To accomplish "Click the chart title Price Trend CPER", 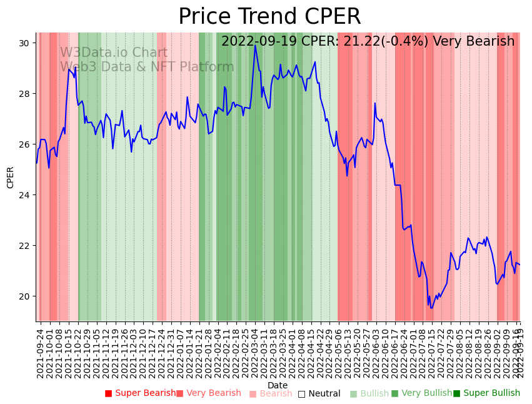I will [269, 17].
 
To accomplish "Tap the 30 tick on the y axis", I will [26, 43].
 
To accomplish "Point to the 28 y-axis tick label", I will [26, 94].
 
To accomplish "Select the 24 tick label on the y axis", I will [26, 195].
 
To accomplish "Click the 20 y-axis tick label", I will [26, 296].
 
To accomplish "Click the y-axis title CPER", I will [11, 177].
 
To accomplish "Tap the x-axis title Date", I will [278, 386].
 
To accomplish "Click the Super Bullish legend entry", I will [486, 393].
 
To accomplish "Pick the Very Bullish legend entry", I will [421, 393].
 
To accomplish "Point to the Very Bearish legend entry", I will [208, 393].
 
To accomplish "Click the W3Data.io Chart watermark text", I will [114, 53].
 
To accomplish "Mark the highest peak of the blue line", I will [255, 45].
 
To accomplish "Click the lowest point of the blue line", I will [431, 308].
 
